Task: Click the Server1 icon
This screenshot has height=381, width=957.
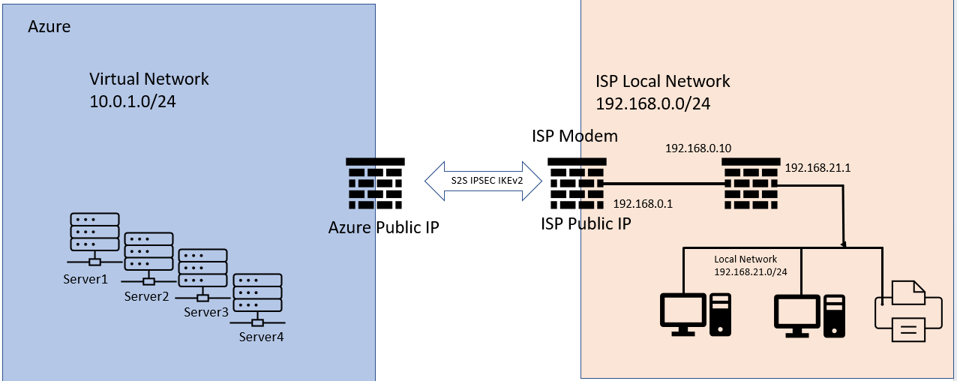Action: [94, 233]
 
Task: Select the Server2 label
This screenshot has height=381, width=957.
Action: [148, 295]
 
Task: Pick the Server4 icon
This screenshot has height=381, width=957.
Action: [257, 295]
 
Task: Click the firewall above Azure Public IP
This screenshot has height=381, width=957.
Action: [375, 183]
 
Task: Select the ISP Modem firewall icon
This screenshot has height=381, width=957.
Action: [576, 183]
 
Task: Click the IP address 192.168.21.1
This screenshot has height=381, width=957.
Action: [817, 168]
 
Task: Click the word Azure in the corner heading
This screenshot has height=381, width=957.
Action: [49, 27]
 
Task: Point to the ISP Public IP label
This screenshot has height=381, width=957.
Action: [585, 223]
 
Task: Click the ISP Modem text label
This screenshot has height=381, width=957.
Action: [574, 136]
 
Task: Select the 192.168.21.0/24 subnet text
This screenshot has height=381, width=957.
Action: [750, 271]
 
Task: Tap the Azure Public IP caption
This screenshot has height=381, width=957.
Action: [383, 227]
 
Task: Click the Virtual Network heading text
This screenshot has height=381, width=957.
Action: [149, 79]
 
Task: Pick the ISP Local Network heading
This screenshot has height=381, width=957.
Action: [662, 82]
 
